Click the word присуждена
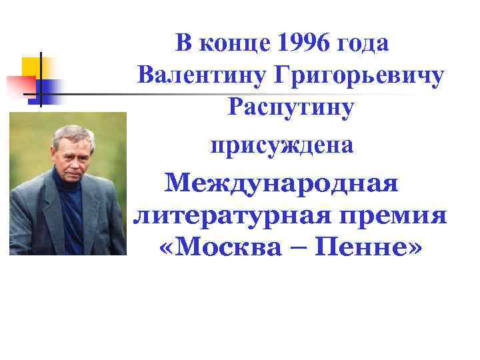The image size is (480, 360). (x=281, y=144)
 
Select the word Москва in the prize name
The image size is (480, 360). (x=223, y=249)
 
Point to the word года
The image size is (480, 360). (x=364, y=45)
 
